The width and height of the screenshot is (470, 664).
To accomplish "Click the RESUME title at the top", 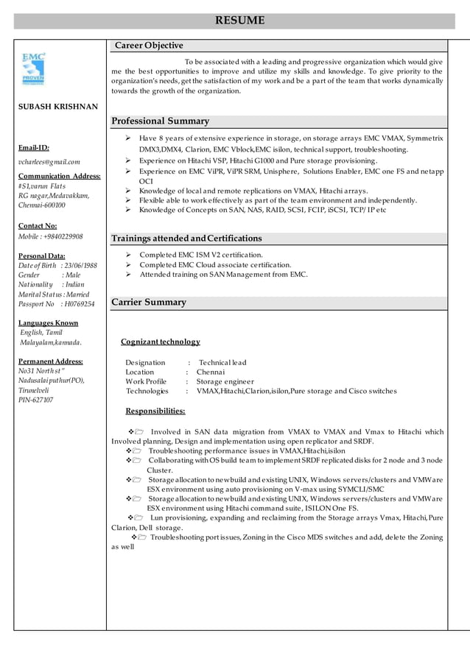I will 239,21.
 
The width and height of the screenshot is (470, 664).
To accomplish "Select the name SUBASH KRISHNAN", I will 58,107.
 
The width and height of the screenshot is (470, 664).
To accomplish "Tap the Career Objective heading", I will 149,46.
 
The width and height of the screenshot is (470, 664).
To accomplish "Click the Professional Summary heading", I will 160,121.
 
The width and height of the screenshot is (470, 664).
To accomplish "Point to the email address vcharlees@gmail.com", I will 49,161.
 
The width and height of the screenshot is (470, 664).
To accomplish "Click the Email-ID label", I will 34,147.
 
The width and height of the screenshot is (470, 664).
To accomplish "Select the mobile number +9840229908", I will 63,237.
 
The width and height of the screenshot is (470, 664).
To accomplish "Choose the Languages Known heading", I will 48,322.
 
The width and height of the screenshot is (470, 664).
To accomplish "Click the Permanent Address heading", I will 51,361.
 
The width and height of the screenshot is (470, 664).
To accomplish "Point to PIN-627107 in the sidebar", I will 36,400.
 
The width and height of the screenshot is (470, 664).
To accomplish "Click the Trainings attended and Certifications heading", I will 186,239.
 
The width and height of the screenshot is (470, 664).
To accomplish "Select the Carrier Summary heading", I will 149,303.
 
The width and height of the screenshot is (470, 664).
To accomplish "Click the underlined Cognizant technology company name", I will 161,342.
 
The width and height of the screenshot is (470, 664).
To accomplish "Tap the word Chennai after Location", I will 211,372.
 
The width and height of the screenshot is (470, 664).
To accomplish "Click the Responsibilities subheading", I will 155,411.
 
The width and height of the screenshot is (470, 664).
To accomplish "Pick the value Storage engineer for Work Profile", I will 225,381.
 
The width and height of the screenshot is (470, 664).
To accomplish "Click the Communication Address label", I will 60,176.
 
